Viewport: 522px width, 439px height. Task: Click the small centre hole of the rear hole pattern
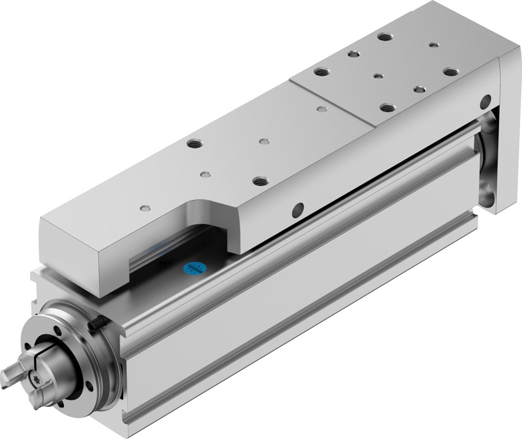coord(378,76)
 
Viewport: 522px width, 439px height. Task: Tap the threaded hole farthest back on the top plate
coord(382,36)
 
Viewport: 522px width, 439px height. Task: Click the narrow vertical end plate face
coord(509,134)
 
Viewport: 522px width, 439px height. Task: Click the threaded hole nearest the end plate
coord(450,72)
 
